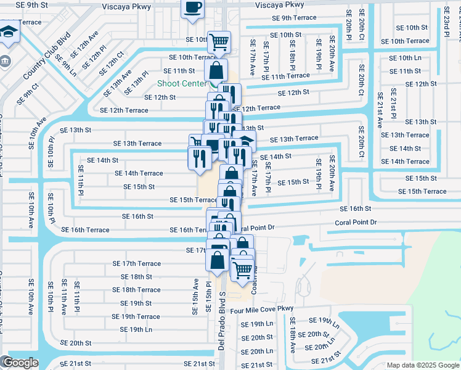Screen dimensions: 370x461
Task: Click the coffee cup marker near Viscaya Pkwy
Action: (x=192, y=8)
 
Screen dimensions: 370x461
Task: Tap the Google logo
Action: (x=20, y=363)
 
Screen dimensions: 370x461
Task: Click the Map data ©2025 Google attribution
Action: (x=423, y=364)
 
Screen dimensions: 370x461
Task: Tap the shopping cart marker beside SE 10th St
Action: (x=219, y=42)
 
